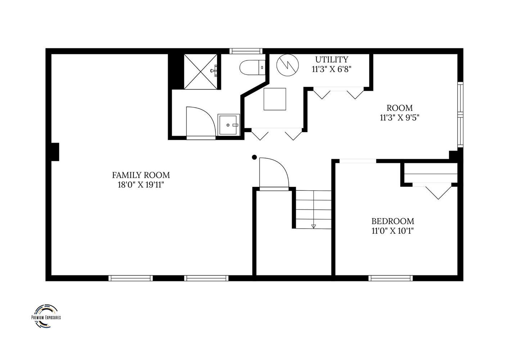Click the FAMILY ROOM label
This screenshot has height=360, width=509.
point(141,175)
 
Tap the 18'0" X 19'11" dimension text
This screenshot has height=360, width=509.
point(141,185)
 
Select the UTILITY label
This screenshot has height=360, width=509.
point(332,59)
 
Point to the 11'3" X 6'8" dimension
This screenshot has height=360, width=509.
point(332,69)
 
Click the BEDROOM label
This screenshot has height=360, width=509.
point(393,221)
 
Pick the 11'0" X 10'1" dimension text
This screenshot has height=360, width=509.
point(393,231)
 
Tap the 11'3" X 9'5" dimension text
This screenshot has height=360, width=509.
point(400,118)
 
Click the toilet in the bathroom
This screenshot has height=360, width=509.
point(252,67)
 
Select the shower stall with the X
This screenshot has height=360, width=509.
point(201,72)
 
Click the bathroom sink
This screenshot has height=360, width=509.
point(229,125)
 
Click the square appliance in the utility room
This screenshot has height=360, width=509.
point(275,99)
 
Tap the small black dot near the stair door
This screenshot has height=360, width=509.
point(254,157)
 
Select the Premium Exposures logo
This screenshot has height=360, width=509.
point(46,316)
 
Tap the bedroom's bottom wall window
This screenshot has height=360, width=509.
point(390,278)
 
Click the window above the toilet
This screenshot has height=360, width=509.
point(246,51)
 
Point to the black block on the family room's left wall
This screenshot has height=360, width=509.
point(55,152)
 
